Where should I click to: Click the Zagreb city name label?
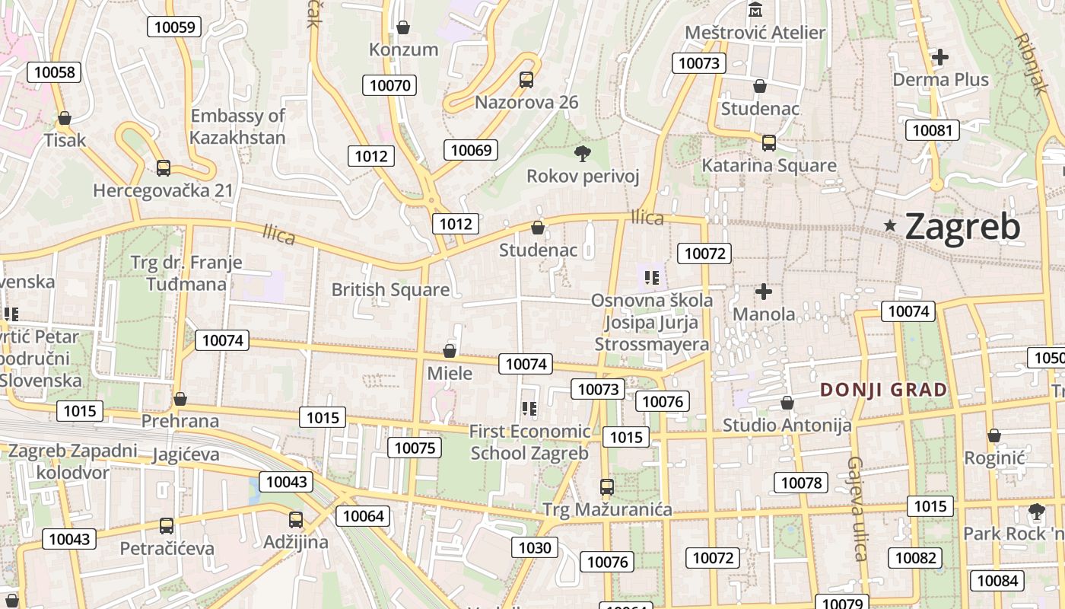963,227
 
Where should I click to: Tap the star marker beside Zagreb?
890,225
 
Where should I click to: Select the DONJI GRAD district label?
884,390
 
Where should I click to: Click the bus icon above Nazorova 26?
526,79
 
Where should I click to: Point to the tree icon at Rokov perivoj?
583,154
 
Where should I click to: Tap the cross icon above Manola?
764,292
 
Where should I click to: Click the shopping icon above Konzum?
403,27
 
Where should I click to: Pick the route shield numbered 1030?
535,547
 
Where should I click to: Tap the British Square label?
390,290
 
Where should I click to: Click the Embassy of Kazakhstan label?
237,126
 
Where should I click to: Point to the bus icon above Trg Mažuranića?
606,486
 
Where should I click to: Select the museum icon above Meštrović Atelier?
756,10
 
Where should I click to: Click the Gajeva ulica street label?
858,508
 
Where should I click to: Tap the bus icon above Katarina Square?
769,142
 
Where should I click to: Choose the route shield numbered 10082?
915,558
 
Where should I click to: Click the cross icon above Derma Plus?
940,56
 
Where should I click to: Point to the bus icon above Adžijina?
295,520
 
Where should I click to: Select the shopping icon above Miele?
450,351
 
